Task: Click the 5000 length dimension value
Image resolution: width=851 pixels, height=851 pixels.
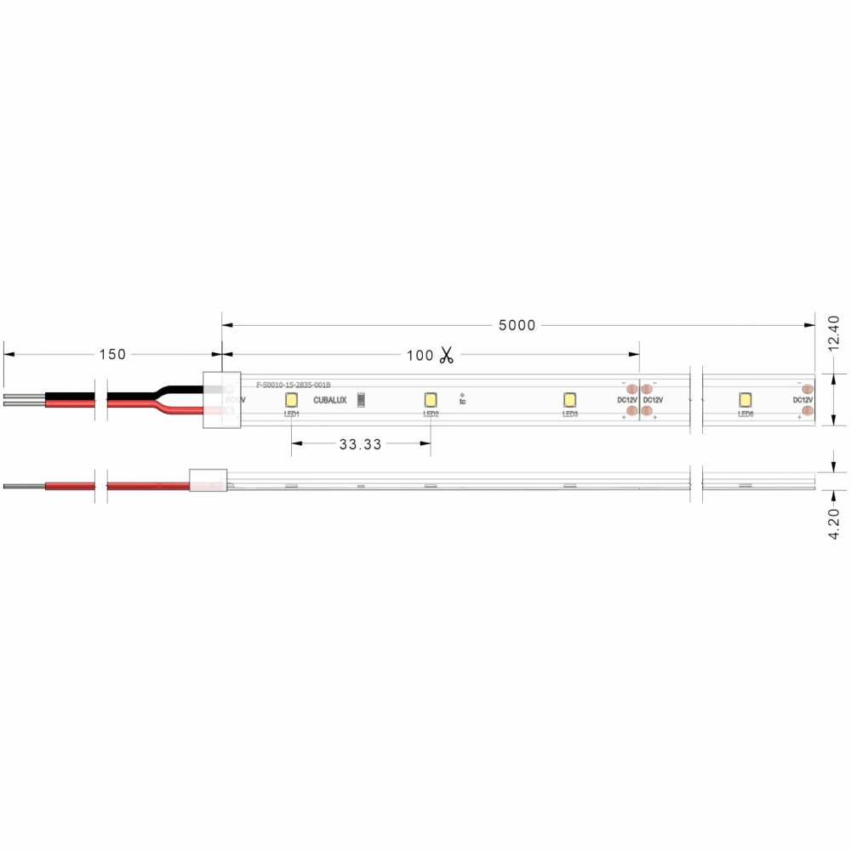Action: pyautogui.click(x=517, y=325)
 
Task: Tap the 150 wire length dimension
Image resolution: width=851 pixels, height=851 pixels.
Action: pyautogui.click(x=112, y=354)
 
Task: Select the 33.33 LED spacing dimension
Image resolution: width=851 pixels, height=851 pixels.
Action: pyautogui.click(x=360, y=444)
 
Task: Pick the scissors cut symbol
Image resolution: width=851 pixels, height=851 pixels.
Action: pyautogui.click(x=447, y=356)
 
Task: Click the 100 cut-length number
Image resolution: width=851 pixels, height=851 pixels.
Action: pyautogui.click(x=420, y=356)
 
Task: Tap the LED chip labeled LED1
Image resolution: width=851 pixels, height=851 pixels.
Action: pyautogui.click(x=291, y=399)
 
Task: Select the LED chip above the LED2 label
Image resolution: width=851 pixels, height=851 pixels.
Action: pyautogui.click(x=431, y=399)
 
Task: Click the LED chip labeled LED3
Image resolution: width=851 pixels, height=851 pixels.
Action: pyautogui.click(x=570, y=399)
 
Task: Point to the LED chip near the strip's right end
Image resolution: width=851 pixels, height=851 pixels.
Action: pyautogui.click(x=745, y=399)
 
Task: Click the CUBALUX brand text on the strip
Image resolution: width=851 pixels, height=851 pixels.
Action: pyautogui.click(x=330, y=400)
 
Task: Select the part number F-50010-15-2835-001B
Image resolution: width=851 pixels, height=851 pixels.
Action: pyautogui.click(x=293, y=386)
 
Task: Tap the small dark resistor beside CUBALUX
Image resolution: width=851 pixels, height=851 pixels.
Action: pyautogui.click(x=361, y=399)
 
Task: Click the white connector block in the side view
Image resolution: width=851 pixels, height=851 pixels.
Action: pyautogui.click(x=208, y=482)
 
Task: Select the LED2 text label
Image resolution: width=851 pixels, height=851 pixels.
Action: pyautogui.click(x=431, y=414)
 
